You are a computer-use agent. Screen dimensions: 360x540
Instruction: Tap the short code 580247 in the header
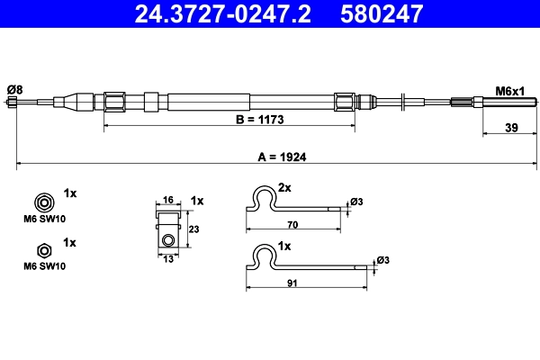(381, 14)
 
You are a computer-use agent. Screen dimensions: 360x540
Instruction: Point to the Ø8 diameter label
(14, 88)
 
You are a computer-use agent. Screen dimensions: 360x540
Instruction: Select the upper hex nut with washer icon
(41, 201)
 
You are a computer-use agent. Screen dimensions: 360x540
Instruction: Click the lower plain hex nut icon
(41, 249)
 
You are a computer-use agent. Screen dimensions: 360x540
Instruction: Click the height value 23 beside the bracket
(193, 229)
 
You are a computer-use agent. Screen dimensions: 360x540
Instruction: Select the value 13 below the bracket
(167, 259)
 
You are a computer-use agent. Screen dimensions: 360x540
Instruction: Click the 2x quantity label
(284, 188)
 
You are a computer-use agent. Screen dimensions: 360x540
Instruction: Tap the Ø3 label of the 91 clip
(383, 260)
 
